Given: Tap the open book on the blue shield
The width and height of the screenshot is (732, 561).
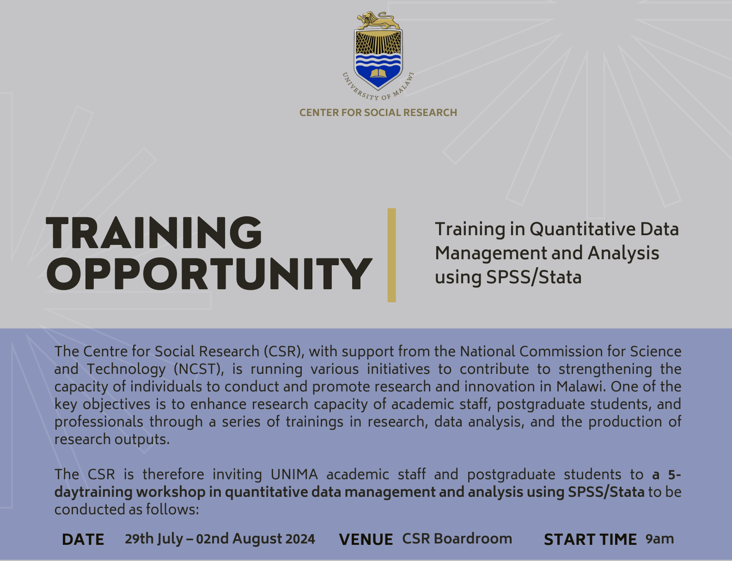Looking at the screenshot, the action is (x=378, y=73).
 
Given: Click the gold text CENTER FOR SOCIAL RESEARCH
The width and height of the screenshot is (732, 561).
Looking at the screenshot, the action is (x=378, y=112).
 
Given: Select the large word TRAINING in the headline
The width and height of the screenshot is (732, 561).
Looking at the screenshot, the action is (x=153, y=233).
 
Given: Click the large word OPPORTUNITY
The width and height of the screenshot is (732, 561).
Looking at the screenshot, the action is (x=209, y=274).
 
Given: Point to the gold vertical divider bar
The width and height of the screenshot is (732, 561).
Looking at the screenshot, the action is (x=391, y=255).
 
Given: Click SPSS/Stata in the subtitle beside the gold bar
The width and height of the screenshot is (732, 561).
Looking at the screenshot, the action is (x=534, y=277).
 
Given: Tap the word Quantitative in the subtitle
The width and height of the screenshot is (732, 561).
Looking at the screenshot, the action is (x=582, y=229).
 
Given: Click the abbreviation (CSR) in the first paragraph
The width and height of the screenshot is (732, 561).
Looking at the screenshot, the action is (x=284, y=352).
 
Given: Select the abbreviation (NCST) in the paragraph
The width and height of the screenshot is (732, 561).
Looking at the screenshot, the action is (x=199, y=369).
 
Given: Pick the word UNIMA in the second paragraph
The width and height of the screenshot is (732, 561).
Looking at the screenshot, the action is (x=294, y=475).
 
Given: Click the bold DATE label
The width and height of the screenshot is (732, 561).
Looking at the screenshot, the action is (x=83, y=539).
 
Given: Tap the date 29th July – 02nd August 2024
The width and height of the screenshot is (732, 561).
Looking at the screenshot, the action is (x=220, y=539).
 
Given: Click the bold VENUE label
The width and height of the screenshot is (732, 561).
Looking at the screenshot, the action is (x=366, y=539).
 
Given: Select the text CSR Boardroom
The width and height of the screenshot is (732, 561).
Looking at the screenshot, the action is (x=457, y=538).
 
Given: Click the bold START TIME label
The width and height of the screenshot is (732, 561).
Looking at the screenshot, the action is (x=590, y=539).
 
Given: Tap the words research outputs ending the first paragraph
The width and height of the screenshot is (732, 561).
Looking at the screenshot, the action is (x=112, y=439).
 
